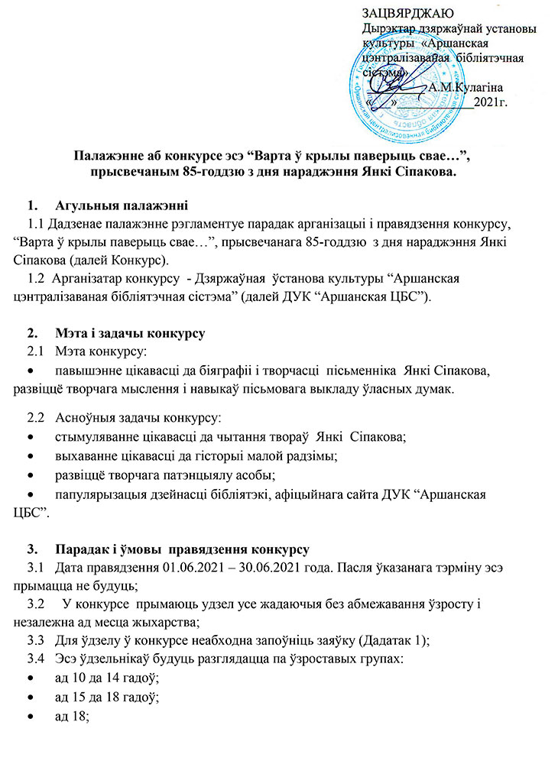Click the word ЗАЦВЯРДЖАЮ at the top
pos(408,13)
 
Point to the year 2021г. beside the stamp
pos(492,101)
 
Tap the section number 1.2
pos(36,279)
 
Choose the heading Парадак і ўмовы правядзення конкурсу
pos(182,550)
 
